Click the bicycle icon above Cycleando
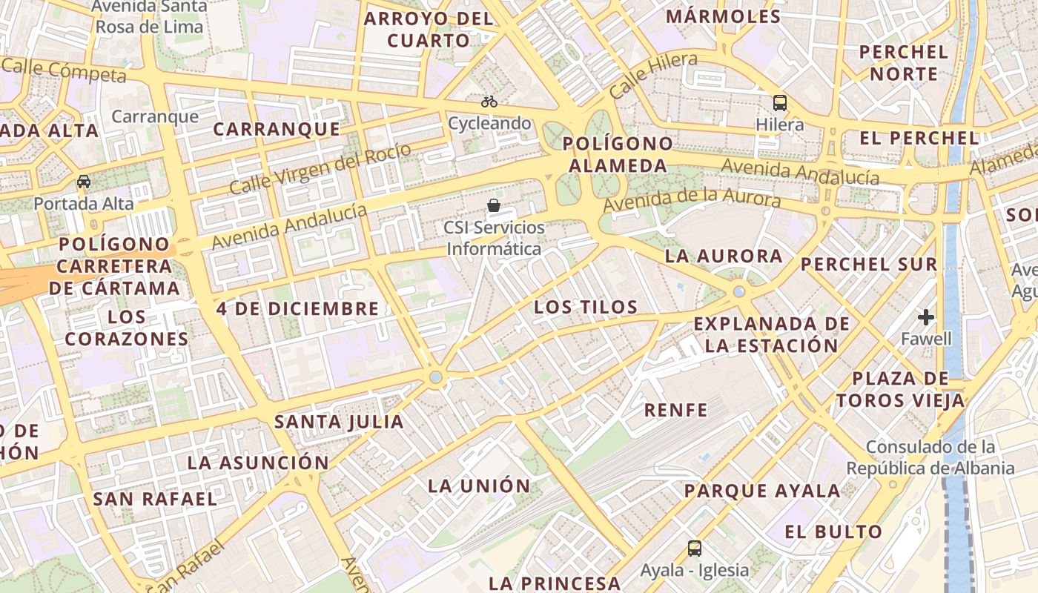(489, 102)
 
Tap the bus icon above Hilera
(779, 103)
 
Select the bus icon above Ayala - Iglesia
(695, 549)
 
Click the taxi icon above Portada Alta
(84, 182)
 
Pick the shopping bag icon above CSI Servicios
(494, 205)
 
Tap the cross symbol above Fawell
(925, 317)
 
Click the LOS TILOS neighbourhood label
(586, 307)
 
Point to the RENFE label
(675, 409)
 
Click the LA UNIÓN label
(479, 486)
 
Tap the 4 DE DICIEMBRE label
(298, 308)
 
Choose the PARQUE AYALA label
(762, 491)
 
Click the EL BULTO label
(833, 531)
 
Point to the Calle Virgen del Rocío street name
(320, 170)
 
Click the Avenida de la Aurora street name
(692, 200)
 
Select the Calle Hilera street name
(653, 76)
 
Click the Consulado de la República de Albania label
(930, 457)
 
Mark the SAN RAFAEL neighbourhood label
(155, 499)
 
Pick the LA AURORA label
(724, 256)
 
